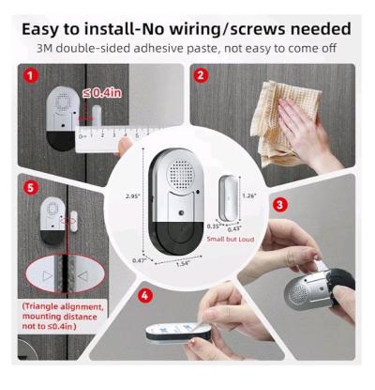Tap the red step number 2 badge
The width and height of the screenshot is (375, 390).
coord(200,73)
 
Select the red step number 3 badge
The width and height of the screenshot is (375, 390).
coord(278,204)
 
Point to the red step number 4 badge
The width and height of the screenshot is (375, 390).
coord(144,295)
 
